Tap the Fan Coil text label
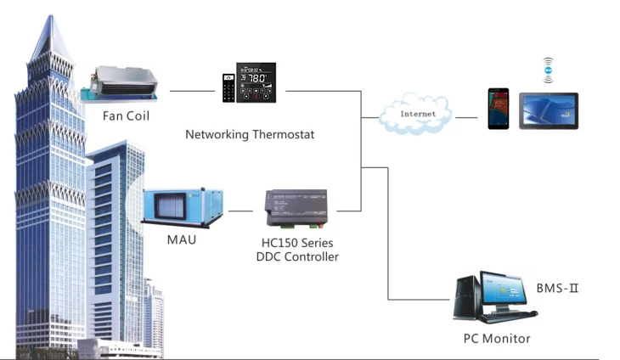pyautogui.click(x=126, y=115)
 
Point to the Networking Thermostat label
pyautogui.click(x=244, y=135)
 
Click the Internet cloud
pyautogui.click(x=417, y=114)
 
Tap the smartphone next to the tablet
pyautogui.click(x=499, y=109)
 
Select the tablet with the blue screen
pyautogui.click(x=549, y=110)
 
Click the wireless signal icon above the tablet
pyautogui.click(x=548, y=68)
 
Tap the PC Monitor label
pyautogui.click(x=497, y=339)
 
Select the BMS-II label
pyautogui.click(x=557, y=289)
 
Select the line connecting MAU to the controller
pyautogui.click(x=242, y=211)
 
